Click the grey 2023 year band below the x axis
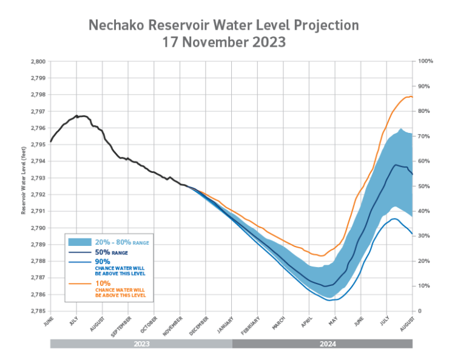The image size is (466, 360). click(x=141, y=344)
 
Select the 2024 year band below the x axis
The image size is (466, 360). click(x=322, y=344)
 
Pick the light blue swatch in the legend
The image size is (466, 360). click(x=80, y=242)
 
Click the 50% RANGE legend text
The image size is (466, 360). click(x=111, y=252)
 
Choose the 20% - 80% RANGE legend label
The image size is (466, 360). click(x=122, y=242)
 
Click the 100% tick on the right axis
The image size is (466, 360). click(x=424, y=61)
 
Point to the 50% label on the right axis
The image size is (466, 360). click(x=423, y=186)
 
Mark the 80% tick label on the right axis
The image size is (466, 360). click(x=423, y=111)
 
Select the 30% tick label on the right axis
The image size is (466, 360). click(x=423, y=236)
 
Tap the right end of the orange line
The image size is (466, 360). click(x=413, y=97)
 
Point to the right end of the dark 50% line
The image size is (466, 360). click(x=413, y=174)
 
